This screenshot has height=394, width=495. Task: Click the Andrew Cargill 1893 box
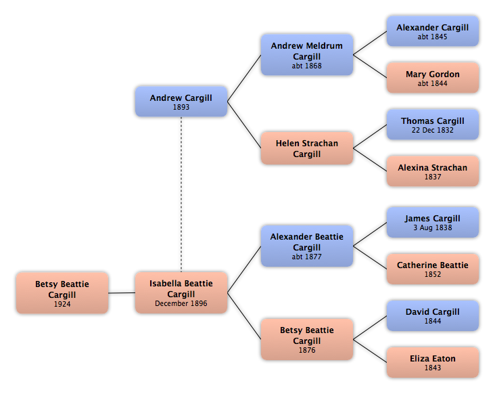[181, 102]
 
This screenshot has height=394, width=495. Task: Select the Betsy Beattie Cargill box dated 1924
[62, 293]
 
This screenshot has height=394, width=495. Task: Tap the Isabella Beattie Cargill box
[181, 292]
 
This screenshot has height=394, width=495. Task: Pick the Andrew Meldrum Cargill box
[307, 55]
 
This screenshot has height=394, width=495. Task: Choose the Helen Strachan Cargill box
[307, 148]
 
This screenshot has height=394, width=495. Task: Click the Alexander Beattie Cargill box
[307, 246]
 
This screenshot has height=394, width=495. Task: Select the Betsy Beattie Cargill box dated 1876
[307, 339]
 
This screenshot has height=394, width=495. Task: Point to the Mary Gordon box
[433, 78]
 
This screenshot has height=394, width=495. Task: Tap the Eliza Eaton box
[433, 362]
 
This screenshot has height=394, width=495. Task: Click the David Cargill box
[433, 315]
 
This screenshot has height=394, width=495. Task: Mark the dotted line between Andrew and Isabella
[181, 194]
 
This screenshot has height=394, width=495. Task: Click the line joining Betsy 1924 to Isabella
[122, 293]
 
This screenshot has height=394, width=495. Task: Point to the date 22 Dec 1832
[433, 130]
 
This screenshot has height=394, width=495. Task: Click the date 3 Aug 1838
[433, 227]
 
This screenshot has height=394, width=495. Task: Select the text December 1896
[181, 303]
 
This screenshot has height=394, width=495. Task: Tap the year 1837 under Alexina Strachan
[433, 177]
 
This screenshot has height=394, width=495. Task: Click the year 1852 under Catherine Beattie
[433, 274]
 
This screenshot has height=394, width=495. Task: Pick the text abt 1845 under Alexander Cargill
[433, 37]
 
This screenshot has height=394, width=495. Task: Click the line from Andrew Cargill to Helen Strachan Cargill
[244, 125]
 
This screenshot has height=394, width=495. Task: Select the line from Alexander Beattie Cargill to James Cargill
[370, 234]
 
